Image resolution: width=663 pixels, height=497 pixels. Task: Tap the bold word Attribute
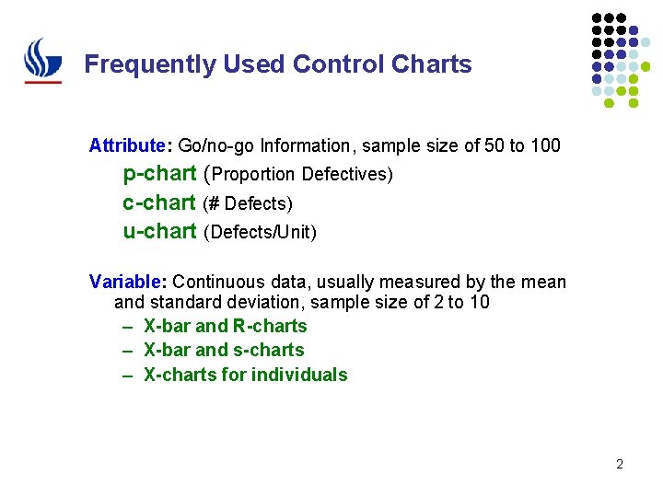[x=125, y=145]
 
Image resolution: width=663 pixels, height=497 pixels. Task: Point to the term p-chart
[x=159, y=173]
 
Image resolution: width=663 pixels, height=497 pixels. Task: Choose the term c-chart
[x=158, y=202]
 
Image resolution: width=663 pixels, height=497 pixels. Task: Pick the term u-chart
[x=159, y=231]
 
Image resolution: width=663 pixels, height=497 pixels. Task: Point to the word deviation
[x=268, y=302]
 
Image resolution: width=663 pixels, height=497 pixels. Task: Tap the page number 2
[x=620, y=464]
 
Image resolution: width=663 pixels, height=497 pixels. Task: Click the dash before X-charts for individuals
[x=124, y=375]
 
